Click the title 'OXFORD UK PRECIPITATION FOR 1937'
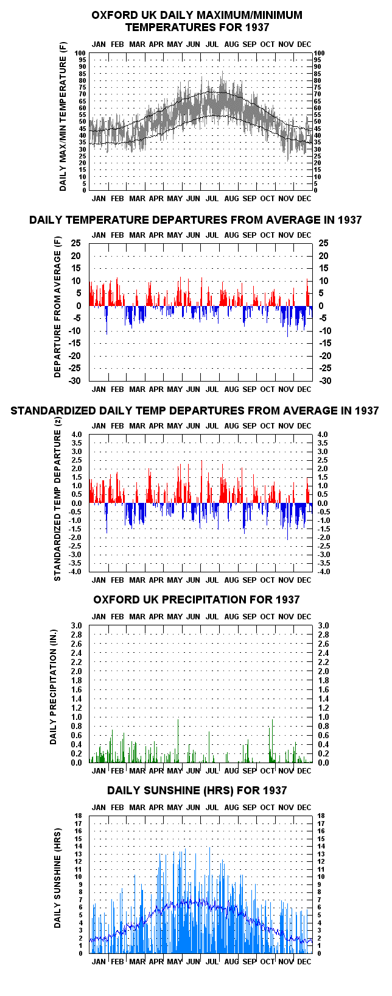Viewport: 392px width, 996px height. pos(196,599)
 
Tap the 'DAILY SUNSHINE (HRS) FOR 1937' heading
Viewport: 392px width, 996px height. pos(197,790)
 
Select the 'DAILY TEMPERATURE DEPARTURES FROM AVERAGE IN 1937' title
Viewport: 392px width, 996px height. pos(195,219)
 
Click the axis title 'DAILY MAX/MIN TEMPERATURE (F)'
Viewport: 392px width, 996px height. pos(63,117)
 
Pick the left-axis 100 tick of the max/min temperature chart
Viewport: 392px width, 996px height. pos(81,54)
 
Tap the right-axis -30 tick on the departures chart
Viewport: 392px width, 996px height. pos(326,380)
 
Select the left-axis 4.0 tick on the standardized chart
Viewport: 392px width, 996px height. pos(77,435)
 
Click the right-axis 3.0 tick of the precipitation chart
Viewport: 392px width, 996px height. pos(324,625)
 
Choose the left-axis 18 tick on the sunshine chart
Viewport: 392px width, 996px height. pos(79,816)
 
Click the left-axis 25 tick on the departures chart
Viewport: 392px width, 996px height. pos(76,243)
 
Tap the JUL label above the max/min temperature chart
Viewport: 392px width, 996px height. pos(212,44)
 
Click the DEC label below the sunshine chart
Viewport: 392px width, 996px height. pos(304,961)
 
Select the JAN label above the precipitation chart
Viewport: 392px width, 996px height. pos(99,617)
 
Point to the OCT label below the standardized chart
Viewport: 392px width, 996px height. pos(267,580)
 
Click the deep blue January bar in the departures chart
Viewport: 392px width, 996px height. pos(107,320)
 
